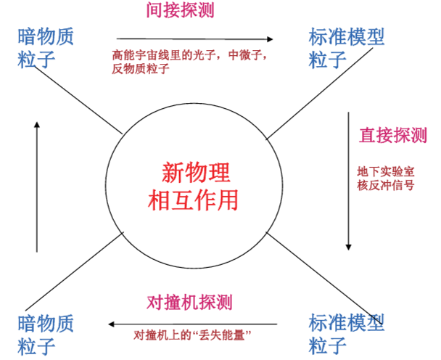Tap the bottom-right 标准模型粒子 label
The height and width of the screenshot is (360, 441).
(x=346, y=332)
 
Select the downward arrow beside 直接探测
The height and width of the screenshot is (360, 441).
(x=350, y=181)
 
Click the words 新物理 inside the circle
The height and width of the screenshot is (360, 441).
(x=195, y=173)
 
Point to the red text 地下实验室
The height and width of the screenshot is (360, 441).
(x=385, y=171)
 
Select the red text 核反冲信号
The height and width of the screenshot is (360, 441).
(x=385, y=186)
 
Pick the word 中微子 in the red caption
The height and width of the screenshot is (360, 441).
(x=249, y=54)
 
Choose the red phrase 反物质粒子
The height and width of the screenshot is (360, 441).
(x=140, y=69)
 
